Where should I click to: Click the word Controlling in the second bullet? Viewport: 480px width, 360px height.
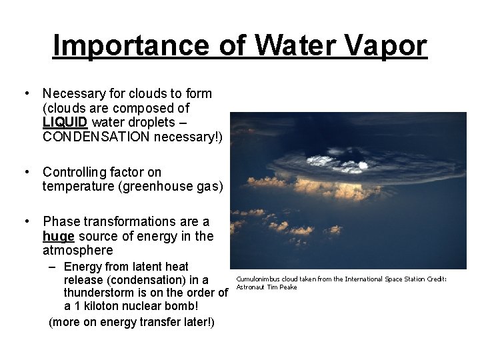point(76,172)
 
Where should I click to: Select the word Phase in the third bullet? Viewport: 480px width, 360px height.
point(61,221)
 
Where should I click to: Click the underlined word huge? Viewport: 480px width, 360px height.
point(58,236)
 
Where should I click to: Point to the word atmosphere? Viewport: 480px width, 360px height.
point(77,251)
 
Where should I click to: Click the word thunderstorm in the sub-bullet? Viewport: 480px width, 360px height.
point(103,293)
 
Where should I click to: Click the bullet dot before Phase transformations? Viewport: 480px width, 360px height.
point(26,221)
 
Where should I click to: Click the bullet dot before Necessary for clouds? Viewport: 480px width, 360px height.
point(26,93)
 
